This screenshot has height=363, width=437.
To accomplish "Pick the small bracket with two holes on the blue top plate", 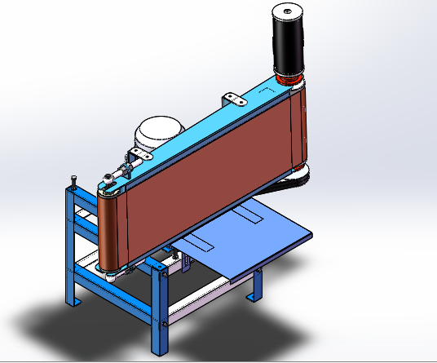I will [x=236, y=100].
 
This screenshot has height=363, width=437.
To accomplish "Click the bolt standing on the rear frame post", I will [x=73, y=181].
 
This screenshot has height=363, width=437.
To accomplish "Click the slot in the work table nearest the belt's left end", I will [x=196, y=242].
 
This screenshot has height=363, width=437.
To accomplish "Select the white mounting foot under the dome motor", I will [x=142, y=156].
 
